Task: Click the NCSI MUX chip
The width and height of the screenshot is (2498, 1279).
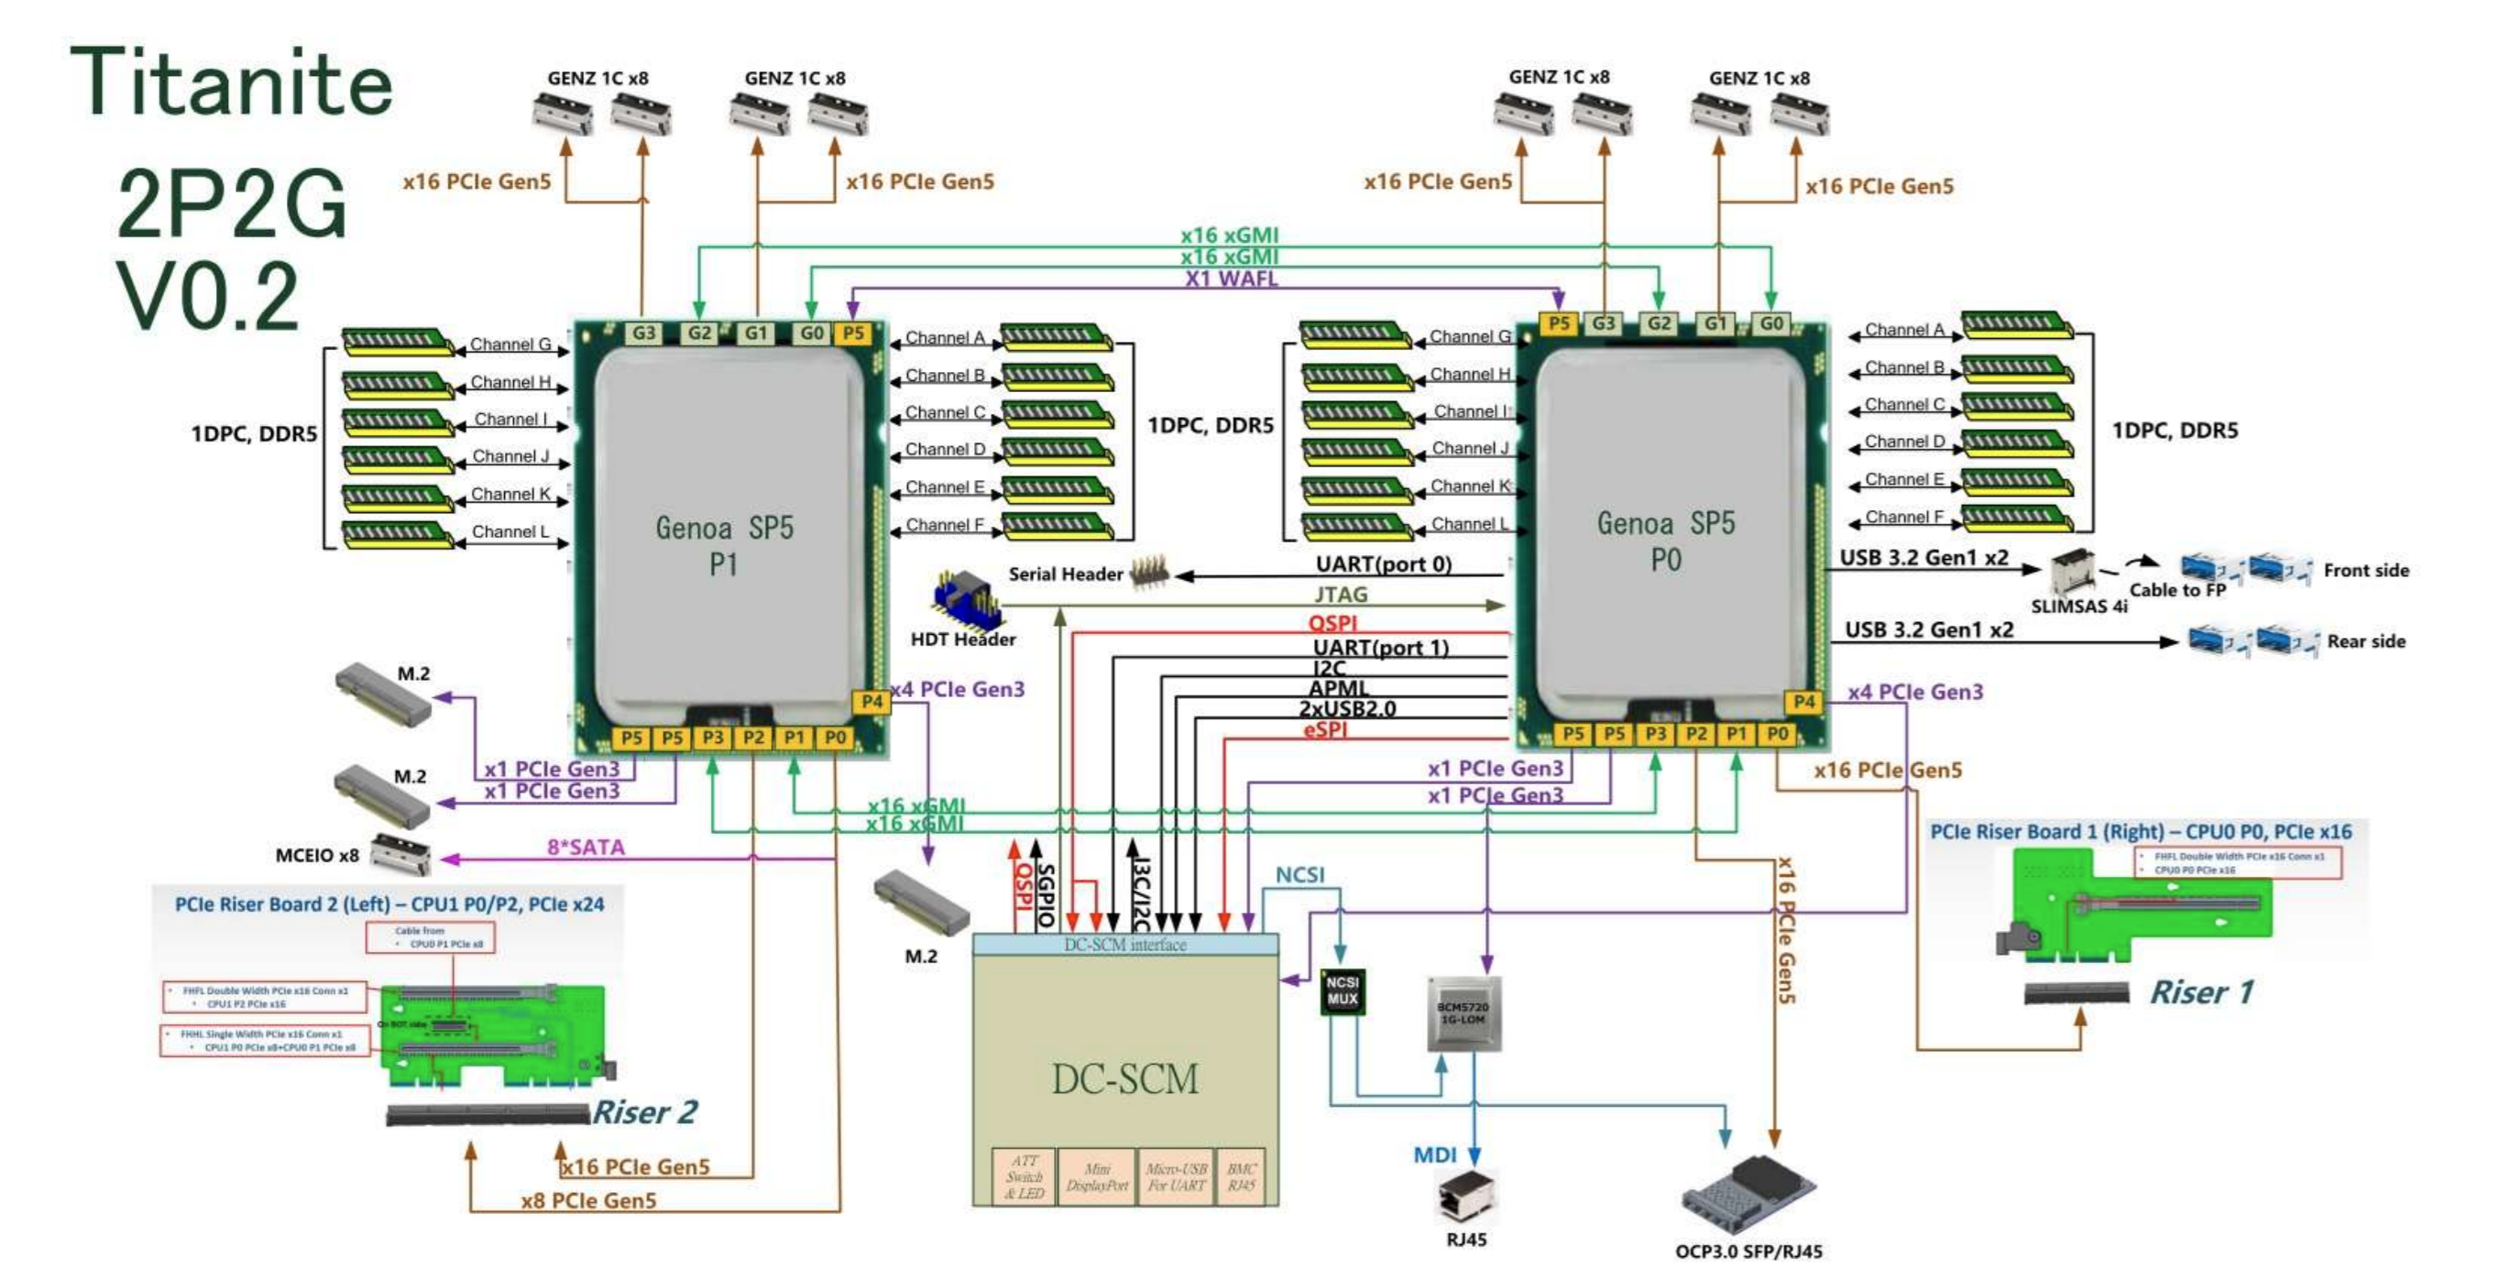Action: tap(1342, 991)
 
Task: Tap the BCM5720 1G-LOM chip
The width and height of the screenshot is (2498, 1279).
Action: tap(1463, 1013)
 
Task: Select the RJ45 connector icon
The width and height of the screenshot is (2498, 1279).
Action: tap(1465, 1196)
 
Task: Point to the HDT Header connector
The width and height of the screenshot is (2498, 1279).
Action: tap(966, 599)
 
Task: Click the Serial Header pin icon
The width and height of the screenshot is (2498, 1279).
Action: tap(1150, 572)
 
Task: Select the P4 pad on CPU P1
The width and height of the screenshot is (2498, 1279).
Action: tap(871, 701)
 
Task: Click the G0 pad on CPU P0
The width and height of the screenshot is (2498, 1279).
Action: tap(1771, 322)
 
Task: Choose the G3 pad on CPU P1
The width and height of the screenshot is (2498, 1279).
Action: tap(643, 333)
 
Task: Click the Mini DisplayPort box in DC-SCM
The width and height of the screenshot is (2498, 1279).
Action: tap(1097, 1176)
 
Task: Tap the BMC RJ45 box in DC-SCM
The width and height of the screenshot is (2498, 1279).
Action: tap(1242, 1176)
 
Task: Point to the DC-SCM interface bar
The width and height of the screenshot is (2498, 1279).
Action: tap(1125, 944)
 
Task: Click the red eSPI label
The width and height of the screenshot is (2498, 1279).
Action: tap(1325, 729)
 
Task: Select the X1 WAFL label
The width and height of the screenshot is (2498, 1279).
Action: tap(1231, 279)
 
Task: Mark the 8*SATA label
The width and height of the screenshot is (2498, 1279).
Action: tap(586, 847)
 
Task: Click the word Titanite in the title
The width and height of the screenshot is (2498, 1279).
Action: tap(231, 83)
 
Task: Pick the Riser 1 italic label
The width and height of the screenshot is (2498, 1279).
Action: tap(2201, 991)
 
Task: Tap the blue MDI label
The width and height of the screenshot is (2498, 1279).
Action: tap(1434, 1153)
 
